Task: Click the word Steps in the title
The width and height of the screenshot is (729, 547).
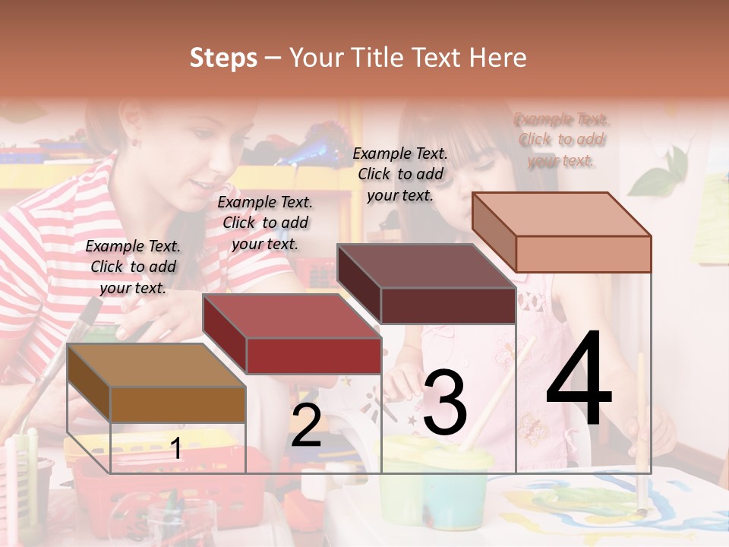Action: click(x=223, y=58)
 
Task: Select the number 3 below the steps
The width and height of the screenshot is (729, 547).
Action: click(x=444, y=403)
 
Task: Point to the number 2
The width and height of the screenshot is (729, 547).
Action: click(x=306, y=425)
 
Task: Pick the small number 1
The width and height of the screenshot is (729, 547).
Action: click(x=176, y=448)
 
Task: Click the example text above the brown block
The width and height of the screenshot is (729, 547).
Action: click(x=133, y=267)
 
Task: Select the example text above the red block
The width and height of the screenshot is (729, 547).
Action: click(x=265, y=223)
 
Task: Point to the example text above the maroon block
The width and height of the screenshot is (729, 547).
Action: click(x=400, y=174)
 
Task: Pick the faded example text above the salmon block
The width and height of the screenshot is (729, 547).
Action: click(x=561, y=140)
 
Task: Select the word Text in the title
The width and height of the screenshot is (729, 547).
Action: click(x=437, y=58)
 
